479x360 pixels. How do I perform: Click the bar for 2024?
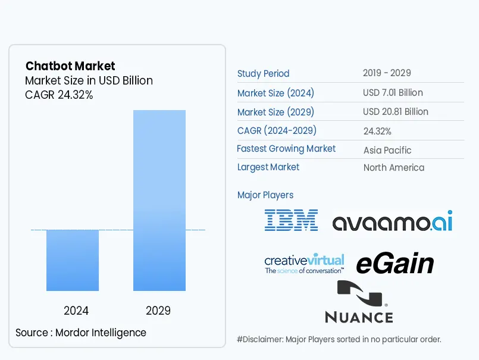pyautogui.click(x=73, y=260)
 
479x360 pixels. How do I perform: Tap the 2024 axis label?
pyautogui.click(x=76, y=311)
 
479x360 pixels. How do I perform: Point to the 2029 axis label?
pyautogui.click(x=158, y=311)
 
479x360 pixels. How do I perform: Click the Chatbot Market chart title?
pyautogui.click(x=70, y=66)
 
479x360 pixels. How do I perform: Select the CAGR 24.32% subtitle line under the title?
pyautogui.click(x=59, y=95)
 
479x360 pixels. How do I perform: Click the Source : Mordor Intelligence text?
pyautogui.click(x=81, y=333)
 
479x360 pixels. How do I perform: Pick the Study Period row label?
pyautogui.click(x=263, y=74)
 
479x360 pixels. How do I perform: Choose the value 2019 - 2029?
pyautogui.click(x=387, y=73)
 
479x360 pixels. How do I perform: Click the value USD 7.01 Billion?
pyautogui.click(x=393, y=93)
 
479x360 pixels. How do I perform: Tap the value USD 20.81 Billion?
pyautogui.click(x=395, y=112)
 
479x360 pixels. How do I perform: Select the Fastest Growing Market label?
pyautogui.click(x=286, y=149)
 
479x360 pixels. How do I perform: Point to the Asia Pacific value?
pyautogui.click(x=387, y=150)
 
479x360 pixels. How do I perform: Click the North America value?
pyautogui.click(x=394, y=168)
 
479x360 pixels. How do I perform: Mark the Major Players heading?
pyautogui.click(x=265, y=195)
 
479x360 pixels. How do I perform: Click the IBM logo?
pyautogui.click(x=291, y=220)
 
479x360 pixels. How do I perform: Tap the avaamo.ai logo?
pyautogui.click(x=392, y=221)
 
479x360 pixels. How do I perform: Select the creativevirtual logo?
pyautogui.click(x=304, y=264)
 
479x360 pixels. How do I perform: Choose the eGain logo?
pyautogui.click(x=395, y=264)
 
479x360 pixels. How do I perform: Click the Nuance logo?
pyautogui.click(x=359, y=302)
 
